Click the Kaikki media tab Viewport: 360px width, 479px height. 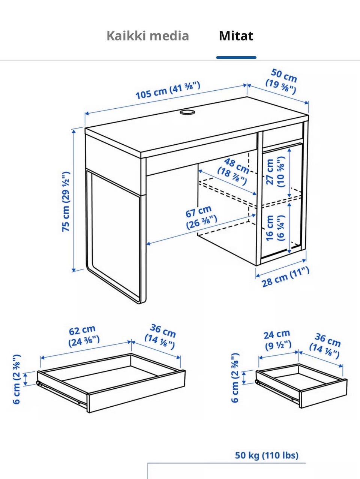click(x=148, y=36)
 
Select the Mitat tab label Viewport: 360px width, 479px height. click(x=236, y=36)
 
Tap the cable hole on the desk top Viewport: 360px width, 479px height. click(x=187, y=112)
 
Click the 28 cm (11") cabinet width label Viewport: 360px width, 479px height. click(x=286, y=277)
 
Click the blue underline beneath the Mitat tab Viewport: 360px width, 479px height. click(x=236, y=58)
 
